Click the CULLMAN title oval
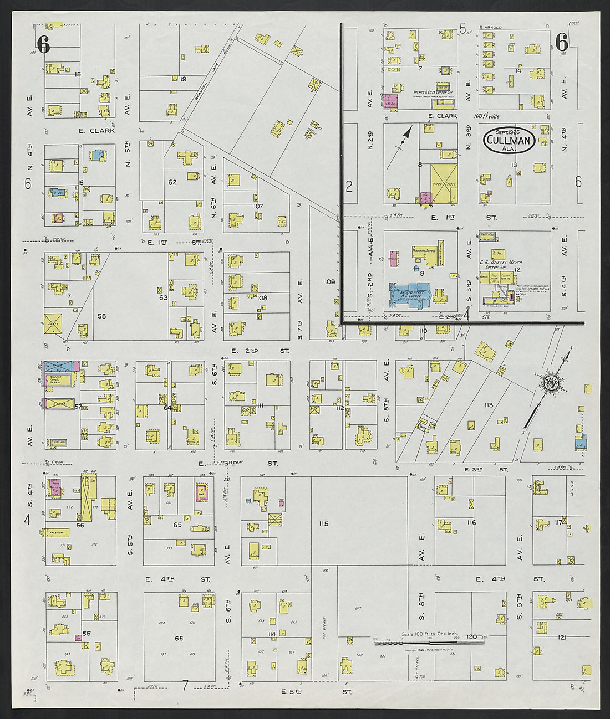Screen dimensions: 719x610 tap(509, 141)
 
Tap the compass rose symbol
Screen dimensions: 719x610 tap(553, 383)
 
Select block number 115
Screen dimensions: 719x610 tap(324, 523)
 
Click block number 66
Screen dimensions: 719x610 tap(179, 638)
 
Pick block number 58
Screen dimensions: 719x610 tap(102, 316)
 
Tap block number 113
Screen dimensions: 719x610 tap(488, 405)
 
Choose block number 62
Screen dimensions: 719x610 tap(172, 182)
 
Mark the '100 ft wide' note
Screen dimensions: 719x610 tap(487, 116)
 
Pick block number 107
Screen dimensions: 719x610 tap(257, 206)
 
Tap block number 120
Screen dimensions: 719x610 tap(472, 636)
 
